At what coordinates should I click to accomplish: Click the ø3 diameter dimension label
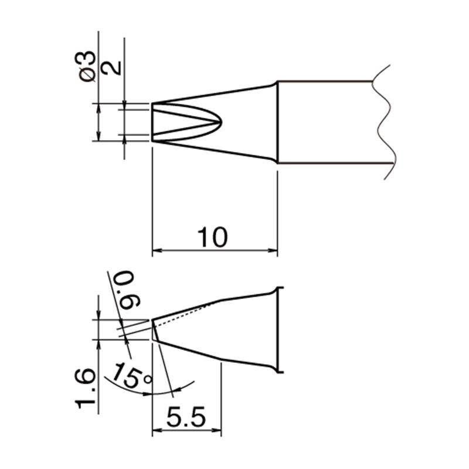click(86, 66)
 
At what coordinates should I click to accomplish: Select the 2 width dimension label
click(111, 68)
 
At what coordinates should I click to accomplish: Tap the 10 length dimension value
click(213, 237)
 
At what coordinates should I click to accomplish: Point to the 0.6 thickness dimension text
click(125, 290)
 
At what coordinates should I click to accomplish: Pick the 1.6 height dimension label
click(85, 389)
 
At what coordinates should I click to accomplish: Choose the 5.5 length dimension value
click(186, 417)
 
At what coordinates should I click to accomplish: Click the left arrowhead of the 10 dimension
click(157, 250)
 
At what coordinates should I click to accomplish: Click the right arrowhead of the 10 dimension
click(273, 250)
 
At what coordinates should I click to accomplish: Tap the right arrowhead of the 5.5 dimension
click(217, 430)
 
